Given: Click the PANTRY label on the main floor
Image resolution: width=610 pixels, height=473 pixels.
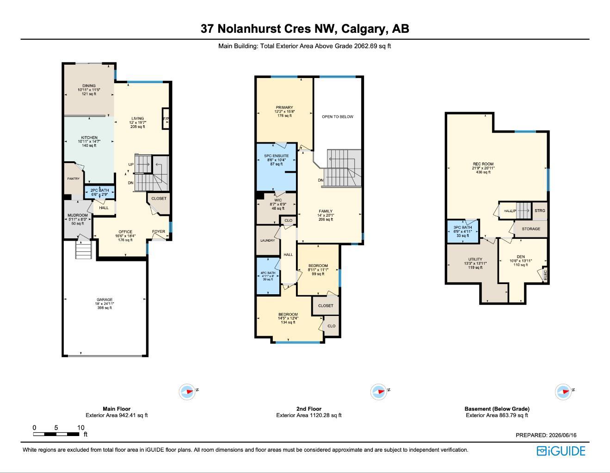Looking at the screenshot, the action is pyautogui.click(x=73, y=179).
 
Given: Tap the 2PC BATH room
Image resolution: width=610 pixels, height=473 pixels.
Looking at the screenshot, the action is pyautogui.click(x=99, y=192).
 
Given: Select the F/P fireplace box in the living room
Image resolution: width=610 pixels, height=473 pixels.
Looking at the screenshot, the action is pyautogui.click(x=166, y=119).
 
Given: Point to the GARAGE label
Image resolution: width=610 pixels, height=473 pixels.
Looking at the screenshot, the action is pyautogui.click(x=105, y=299).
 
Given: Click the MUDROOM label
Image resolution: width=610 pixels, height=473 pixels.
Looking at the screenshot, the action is pyautogui.click(x=78, y=215).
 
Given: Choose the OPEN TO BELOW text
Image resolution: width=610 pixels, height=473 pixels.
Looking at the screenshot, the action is pyautogui.click(x=338, y=117).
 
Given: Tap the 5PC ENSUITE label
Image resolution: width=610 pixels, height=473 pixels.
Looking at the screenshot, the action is pyautogui.click(x=277, y=156).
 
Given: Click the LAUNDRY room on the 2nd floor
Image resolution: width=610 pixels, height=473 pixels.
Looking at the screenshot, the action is pyautogui.click(x=268, y=240).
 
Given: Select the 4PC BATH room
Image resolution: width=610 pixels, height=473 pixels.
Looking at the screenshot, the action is pyautogui.click(x=268, y=276).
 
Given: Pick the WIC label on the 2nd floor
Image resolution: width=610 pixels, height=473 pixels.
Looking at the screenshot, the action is pyautogui.click(x=278, y=200).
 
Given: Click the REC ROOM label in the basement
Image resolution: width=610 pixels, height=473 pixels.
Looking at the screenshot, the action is pyautogui.click(x=483, y=164).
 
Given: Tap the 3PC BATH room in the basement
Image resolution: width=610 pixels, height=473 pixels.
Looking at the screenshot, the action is pyautogui.click(x=462, y=231).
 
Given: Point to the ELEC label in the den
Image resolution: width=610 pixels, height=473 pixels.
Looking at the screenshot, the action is pyautogui.click(x=545, y=275).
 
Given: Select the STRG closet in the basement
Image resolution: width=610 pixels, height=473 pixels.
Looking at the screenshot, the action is pyautogui.click(x=540, y=211).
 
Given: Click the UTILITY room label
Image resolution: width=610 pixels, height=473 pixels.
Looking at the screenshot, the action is pyautogui.click(x=475, y=259).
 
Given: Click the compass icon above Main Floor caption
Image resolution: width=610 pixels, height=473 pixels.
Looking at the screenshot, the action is pyautogui.click(x=187, y=392).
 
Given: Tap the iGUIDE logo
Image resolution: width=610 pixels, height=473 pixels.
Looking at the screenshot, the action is pyautogui.click(x=561, y=451).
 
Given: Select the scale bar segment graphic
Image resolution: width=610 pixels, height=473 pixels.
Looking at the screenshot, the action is pyautogui.click(x=56, y=434).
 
